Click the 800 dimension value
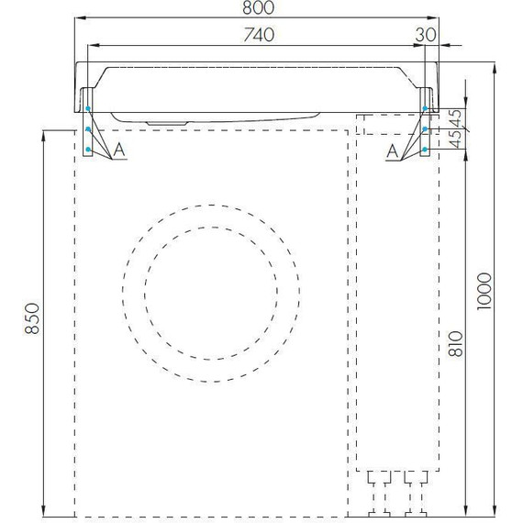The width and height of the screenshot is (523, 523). click(258, 8)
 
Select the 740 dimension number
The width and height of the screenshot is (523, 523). click(259, 35)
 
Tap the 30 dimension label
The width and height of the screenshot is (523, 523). click(426, 35)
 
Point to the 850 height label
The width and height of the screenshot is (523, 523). click(33, 318)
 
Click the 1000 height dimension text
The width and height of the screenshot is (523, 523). click(484, 292)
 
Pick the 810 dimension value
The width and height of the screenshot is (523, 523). click(456, 344)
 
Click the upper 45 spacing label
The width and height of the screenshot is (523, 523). click(456, 117)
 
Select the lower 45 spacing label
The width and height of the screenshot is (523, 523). click(456, 139)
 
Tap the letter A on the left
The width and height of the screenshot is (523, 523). click(119, 150)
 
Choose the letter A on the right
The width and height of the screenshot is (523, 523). click(393, 151)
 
